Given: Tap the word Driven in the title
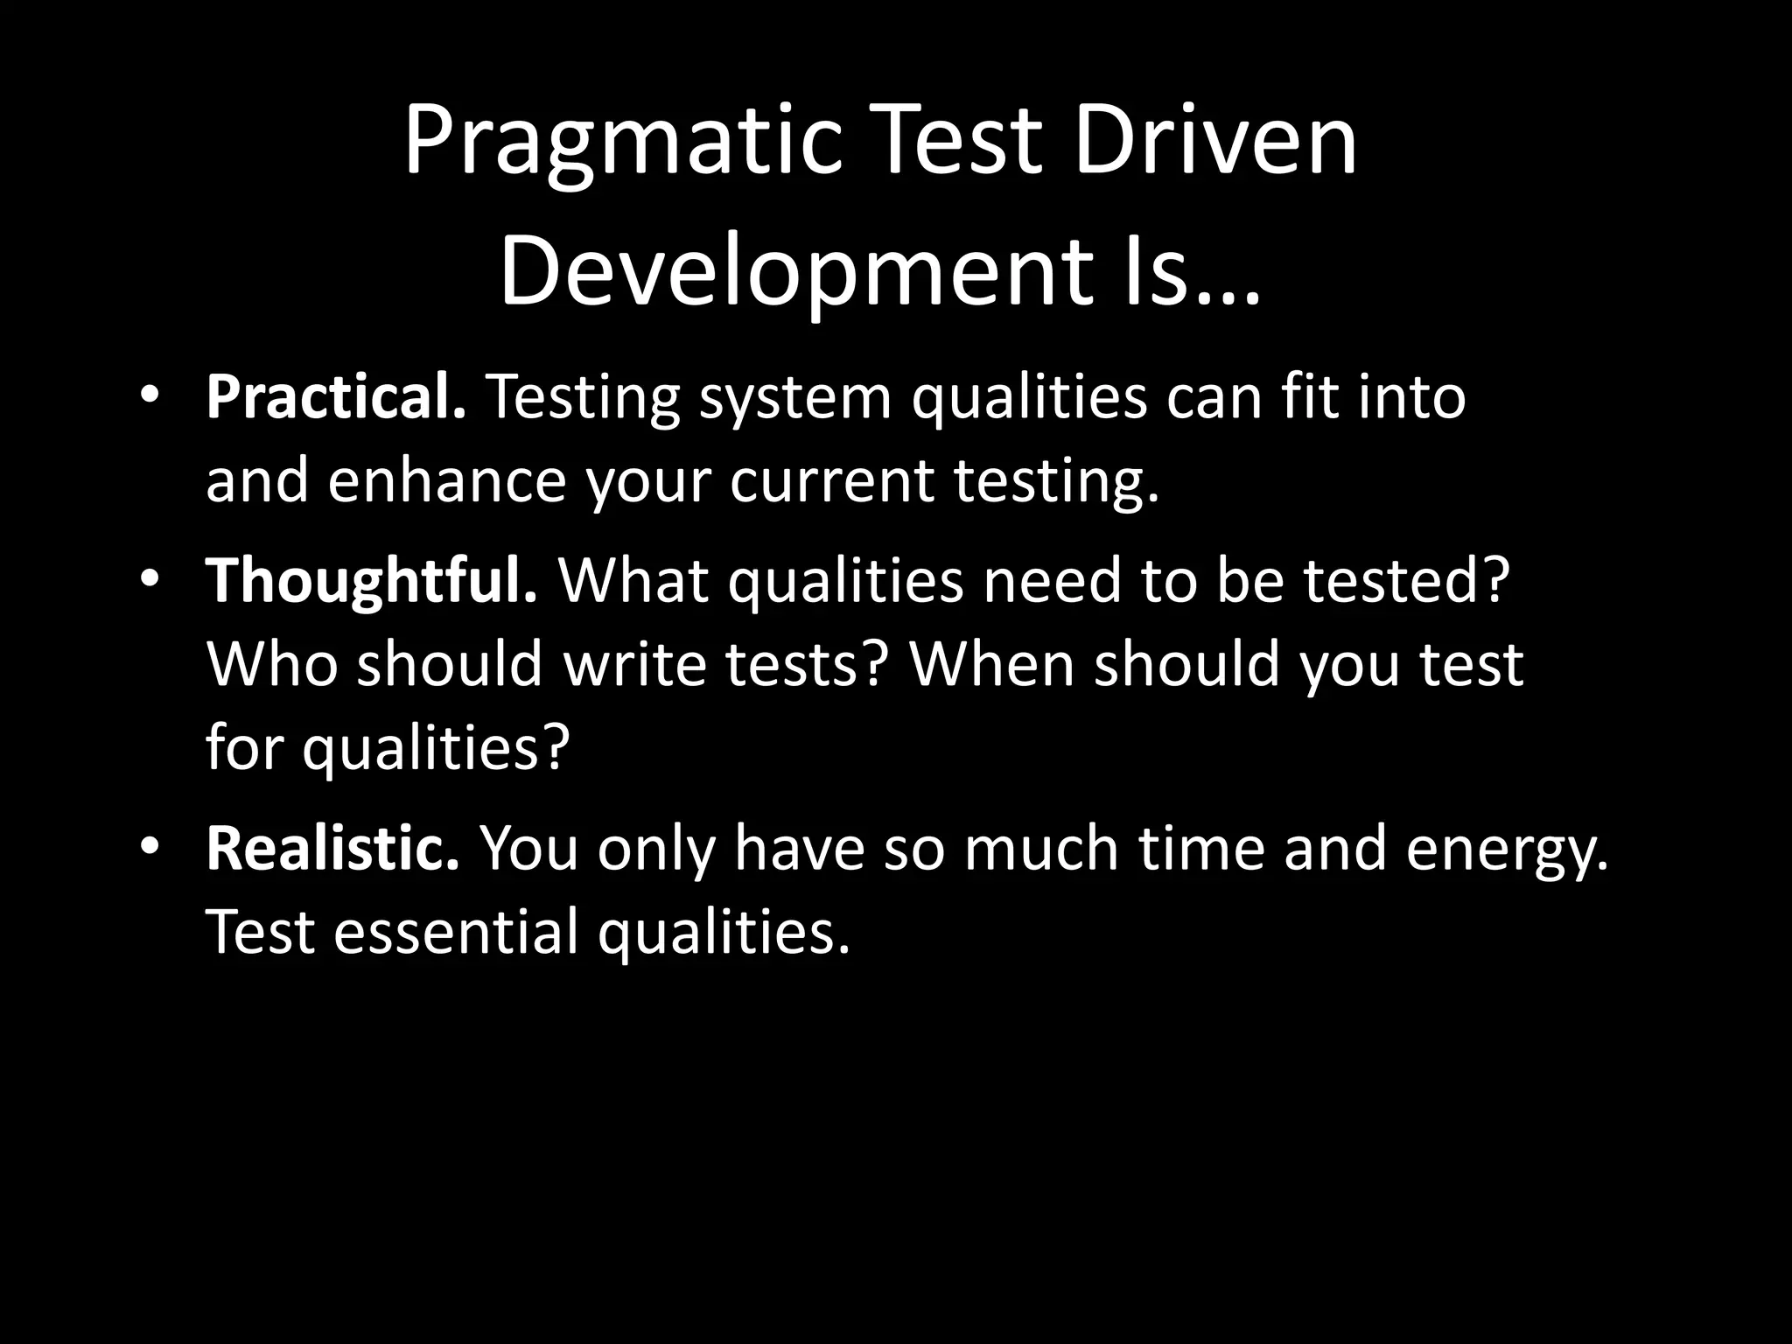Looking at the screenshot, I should pyautogui.click(x=1215, y=140).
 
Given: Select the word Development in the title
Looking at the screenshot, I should pyautogui.click(x=796, y=273).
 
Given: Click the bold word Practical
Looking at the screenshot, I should pyautogui.click(x=336, y=397).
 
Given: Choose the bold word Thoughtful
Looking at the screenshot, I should pyautogui.click(x=371, y=579).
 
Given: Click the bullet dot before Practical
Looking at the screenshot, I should pyautogui.click(x=150, y=395).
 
